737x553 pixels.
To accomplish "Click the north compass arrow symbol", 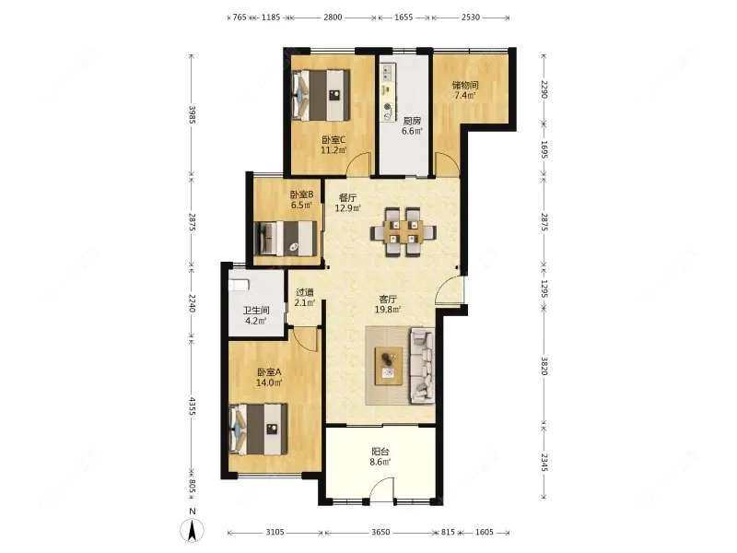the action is tap(193, 530).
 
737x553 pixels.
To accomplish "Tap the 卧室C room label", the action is tap(333, 140).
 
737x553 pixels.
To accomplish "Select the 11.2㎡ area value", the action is tap(333, 150).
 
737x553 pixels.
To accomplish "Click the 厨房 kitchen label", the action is tap(411, 121).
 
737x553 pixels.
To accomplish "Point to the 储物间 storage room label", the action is tap(465, 85).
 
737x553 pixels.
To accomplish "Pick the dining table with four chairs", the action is tap(403, 232).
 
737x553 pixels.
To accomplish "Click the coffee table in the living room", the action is tap(388, 365).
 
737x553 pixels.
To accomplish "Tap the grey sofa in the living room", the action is tap(422, 367).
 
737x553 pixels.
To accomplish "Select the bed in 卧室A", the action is tap(258, 429).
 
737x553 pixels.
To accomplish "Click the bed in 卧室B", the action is tap(285, 239).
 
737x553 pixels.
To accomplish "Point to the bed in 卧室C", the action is tap(322, 96).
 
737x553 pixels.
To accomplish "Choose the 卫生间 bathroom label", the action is tap(256, 311).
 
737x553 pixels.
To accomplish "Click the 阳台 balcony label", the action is tap(380, 452).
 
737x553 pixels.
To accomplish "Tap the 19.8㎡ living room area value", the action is tap(388, 309).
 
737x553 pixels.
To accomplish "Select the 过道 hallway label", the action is tap(305, 292).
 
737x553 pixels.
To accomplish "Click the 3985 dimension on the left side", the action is tap(192, 114).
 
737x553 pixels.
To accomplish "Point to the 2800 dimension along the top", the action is tap(333, 18).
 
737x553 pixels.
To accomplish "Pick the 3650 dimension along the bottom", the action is tap(380, 532).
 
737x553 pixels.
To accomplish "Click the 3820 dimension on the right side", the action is tap(544, 366).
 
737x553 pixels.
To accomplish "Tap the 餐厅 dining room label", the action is tap(347, 198).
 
